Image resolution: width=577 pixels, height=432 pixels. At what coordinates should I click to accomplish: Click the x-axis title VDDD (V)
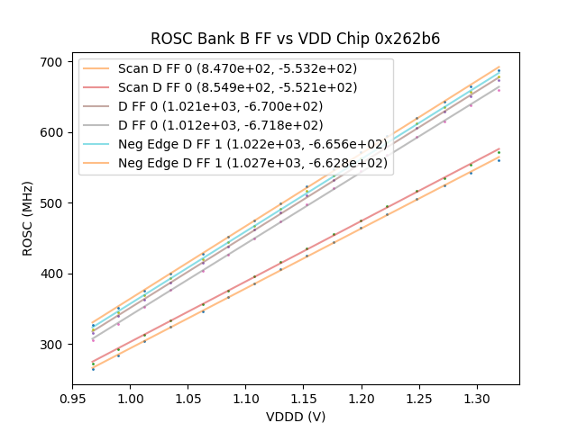click(296, 417)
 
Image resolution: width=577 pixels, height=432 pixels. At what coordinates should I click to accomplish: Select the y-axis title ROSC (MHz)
click(28, 217)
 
